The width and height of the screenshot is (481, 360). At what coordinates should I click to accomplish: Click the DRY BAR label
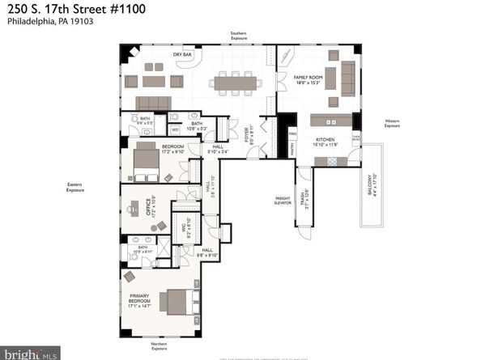point(181,55)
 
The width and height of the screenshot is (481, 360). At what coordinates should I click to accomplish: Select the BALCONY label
point(372,189)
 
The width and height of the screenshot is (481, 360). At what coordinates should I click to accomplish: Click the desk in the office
point(134,208)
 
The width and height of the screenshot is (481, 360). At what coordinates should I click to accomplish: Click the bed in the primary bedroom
point(176,302)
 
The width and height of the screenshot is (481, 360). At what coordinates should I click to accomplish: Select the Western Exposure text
point(392,125)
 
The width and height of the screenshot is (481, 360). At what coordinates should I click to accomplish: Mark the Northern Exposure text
point(158,346)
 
